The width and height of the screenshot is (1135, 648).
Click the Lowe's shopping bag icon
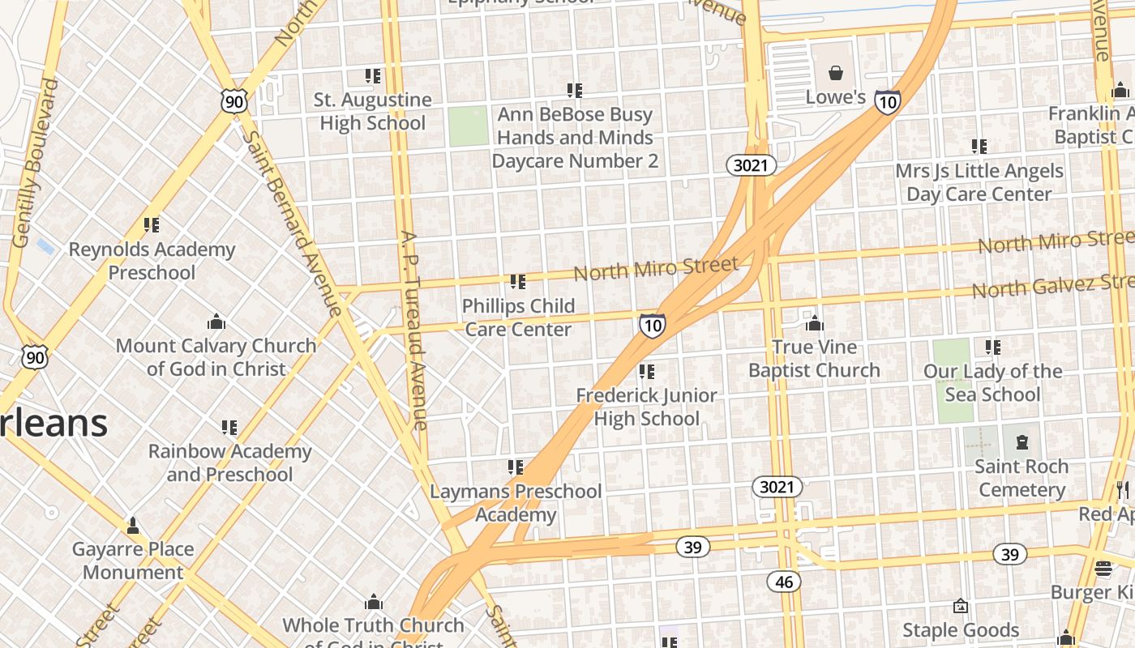(836, 74)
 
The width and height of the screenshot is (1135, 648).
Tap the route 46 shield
(783, 582)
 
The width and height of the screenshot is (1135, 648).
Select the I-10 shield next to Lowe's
(888, 101)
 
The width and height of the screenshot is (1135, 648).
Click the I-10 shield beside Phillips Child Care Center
(652, 326)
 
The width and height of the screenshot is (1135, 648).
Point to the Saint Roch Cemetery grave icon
(1021, 442)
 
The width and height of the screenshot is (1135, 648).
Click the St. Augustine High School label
(372, 112)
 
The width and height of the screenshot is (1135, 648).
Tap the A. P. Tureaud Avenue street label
(413, 330)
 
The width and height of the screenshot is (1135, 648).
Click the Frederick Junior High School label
(646, 407)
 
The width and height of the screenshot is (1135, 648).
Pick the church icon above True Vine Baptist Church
(815, 324)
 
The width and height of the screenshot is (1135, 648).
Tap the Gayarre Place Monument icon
(133, 526)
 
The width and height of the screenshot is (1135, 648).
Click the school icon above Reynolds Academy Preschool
(152, 225)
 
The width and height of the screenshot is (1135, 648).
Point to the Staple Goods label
(961, 630)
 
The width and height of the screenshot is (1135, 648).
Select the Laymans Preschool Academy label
(516, 503)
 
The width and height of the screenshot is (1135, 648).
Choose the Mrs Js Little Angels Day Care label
(979, 182)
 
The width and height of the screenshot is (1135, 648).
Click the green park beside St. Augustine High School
(469, 126)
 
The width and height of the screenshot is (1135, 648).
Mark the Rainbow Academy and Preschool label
(229, 463)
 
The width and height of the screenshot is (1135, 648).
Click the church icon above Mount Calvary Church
(216, 322)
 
